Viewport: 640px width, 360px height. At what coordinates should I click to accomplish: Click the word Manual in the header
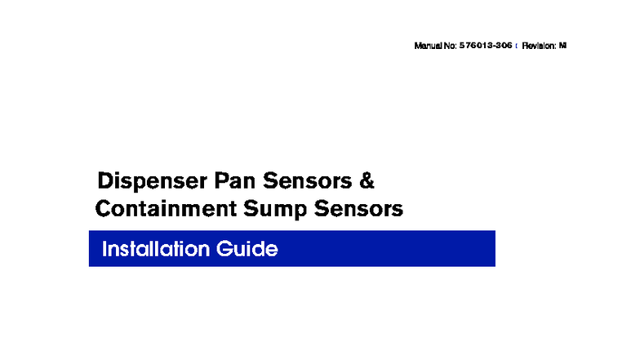429,46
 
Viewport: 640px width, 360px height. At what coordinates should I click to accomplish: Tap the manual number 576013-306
486,46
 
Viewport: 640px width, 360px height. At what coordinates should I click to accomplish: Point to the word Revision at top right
538,46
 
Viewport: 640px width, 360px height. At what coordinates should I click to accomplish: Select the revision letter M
562,46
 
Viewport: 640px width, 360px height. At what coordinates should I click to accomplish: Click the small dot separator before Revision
517,47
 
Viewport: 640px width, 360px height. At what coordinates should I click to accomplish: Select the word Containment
166,209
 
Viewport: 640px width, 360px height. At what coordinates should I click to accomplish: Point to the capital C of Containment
103,209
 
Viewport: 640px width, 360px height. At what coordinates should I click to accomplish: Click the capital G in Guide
225,249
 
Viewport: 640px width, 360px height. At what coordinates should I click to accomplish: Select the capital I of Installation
104,249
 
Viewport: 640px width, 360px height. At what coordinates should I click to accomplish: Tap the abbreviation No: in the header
451,46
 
